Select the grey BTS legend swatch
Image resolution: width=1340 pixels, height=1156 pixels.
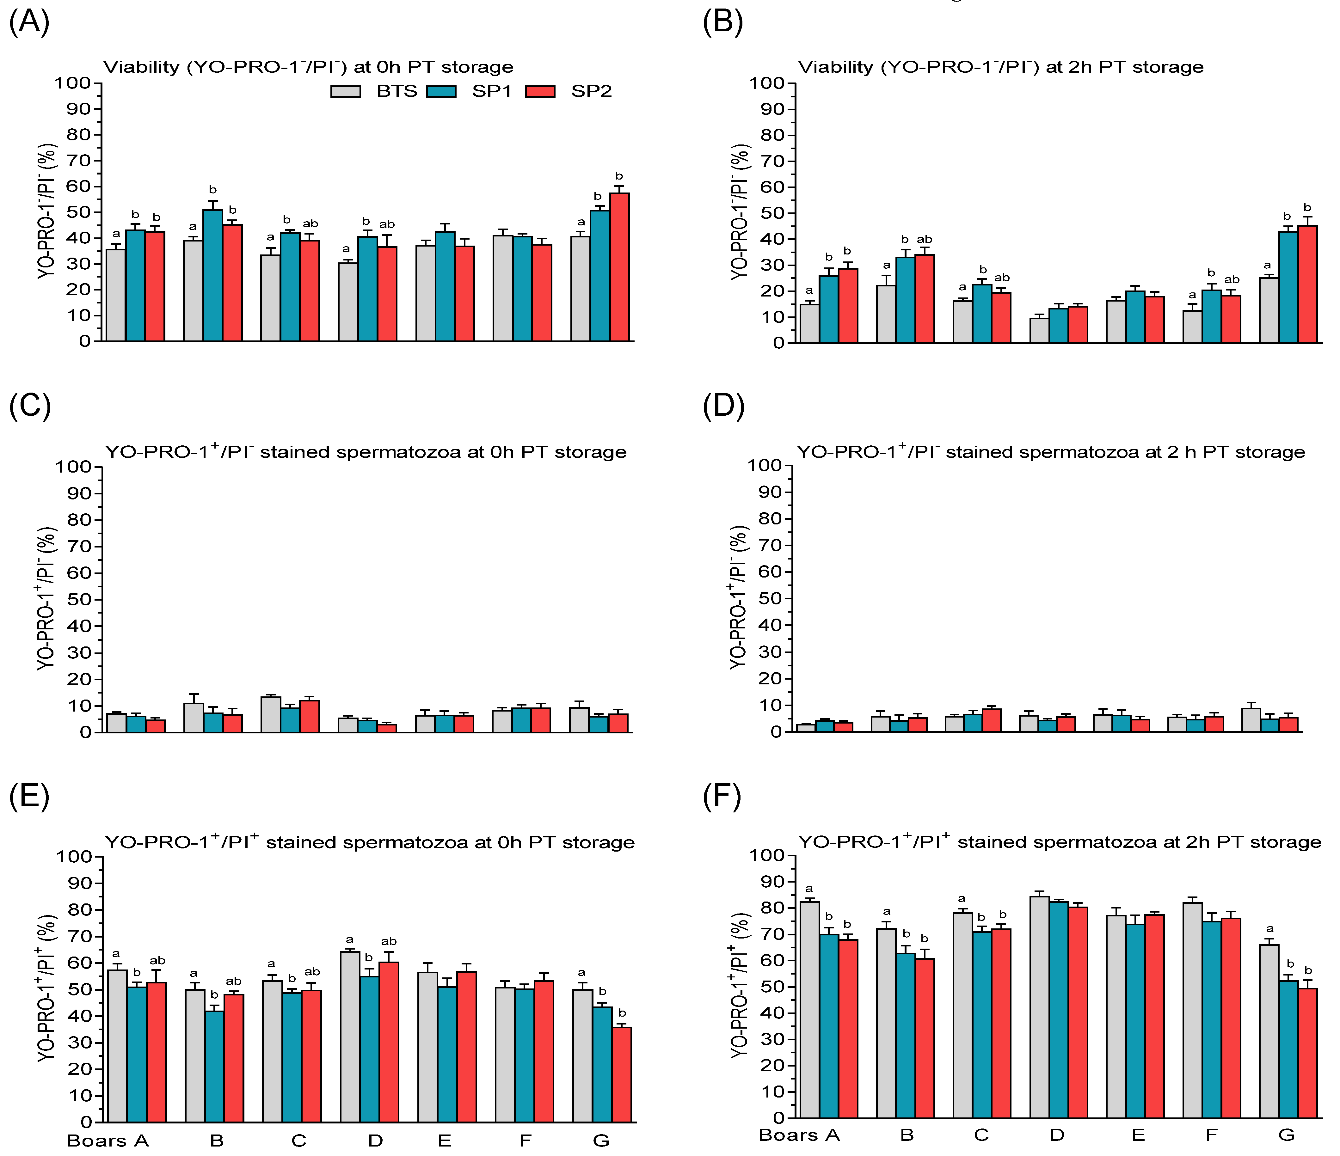tap(345, 91)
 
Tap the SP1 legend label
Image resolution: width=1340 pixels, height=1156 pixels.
tap(491, 91)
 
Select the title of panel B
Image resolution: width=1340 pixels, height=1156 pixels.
tap(1000, 67)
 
